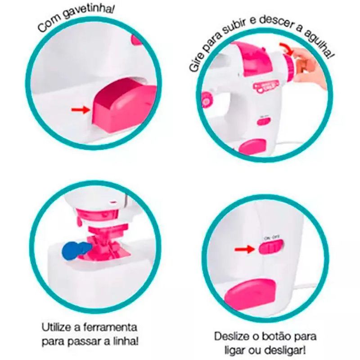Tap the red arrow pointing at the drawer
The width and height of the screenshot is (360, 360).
click(x=81, y=110)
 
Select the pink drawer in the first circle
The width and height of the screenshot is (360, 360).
click(x=125, y=105)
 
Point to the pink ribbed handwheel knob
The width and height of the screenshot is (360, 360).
click(x=289, y=68)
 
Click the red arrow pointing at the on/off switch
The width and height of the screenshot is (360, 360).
click(x=244, y=249)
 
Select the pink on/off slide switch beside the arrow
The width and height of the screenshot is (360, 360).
click(x=271, y=247)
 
